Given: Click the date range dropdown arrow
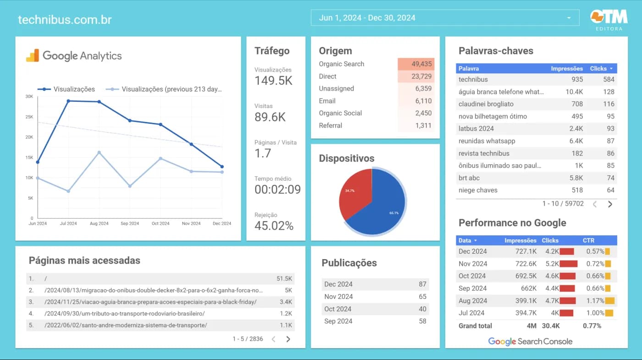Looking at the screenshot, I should pos(569,18).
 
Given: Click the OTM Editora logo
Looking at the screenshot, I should pos(609,19).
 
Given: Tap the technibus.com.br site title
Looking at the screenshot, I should pos(65,20).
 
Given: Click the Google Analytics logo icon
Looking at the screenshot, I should pos(33,55).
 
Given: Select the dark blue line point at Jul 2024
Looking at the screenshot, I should pos(68,101).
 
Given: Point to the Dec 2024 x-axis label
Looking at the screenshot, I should pos(222,224).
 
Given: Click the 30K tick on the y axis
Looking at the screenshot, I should pos(29,96).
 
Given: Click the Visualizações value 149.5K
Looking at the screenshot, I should pos(273,81).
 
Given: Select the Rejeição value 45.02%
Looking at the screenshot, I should pos(274,226).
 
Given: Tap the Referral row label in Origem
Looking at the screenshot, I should pos(331,126).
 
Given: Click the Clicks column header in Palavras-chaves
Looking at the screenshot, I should pos(598,68).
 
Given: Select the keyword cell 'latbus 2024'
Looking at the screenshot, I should pos(476,129).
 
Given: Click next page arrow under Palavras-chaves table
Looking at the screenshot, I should pos(610,204).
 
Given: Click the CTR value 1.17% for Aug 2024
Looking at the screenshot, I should pos(595,301).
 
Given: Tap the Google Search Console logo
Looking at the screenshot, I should pos(530,341).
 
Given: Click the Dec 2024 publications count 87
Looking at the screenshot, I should pos(422,284).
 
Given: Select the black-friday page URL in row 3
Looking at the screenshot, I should pos(150,302).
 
